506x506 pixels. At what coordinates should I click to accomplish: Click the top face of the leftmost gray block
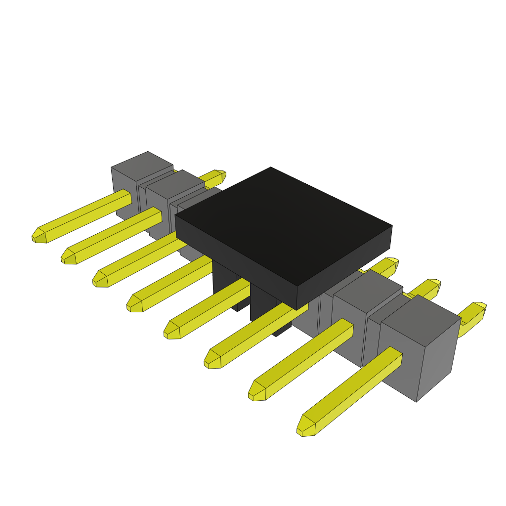[142, 166]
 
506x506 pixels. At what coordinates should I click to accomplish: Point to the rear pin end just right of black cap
[390, 264]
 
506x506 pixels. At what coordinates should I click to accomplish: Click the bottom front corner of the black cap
[296, 309]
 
